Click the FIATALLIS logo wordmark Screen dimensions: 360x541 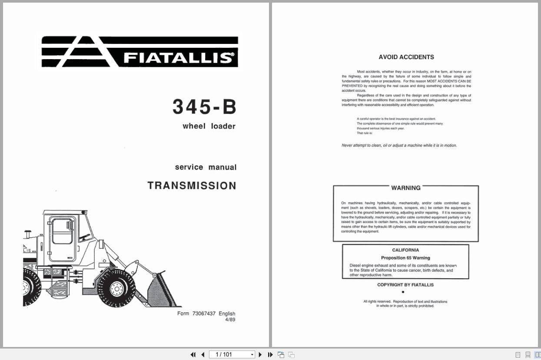[178, 58]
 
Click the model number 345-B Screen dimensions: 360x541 [204, 107]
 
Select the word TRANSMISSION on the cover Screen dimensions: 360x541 [192, 186]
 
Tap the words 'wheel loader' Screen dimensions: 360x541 [209, 127]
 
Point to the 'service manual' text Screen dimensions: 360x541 [206, 167]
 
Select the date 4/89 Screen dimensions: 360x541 [230, 320]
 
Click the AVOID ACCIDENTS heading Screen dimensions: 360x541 [406, 57]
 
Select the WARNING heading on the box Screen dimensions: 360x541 [405, 188]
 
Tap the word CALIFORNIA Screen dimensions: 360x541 [405, 250]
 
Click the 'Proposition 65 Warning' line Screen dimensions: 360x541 [405, 258]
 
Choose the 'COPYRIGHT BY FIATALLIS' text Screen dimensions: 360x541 [405, 285]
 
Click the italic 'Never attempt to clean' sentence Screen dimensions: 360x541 [399, 146]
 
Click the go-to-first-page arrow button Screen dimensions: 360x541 [193, 355]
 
